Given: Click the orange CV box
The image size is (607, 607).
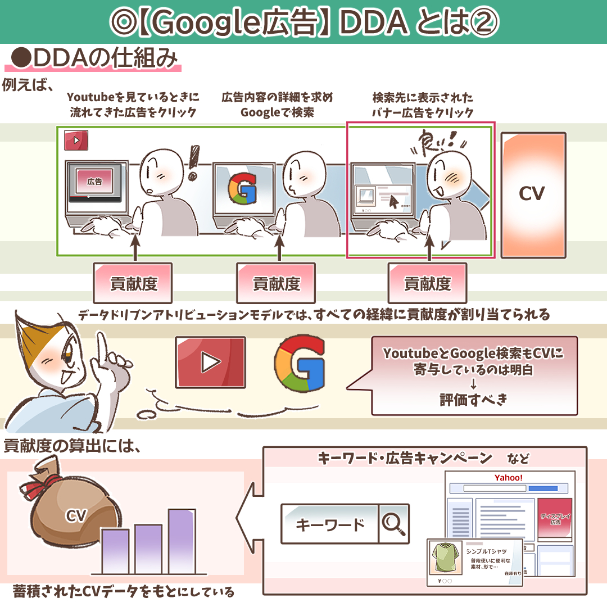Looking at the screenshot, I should click(x=532, y=195).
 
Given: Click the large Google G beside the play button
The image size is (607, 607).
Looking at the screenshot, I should click(x=301, y=364).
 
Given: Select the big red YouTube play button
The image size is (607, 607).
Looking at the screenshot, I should click(x=210, y=362).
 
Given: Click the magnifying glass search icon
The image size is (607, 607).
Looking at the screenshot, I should click(x=393, y=524).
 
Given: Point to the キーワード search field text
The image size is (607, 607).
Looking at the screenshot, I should click(x=330, y=524).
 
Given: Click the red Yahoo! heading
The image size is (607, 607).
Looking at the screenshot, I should click(x=508, y=478).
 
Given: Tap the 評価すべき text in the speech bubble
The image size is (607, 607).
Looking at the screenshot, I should click(x=473, y=400).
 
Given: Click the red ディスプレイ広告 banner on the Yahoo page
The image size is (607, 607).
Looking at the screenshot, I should click(x=555, y=518).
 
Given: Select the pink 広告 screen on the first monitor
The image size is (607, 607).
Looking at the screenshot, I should click(x=94, y=182).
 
